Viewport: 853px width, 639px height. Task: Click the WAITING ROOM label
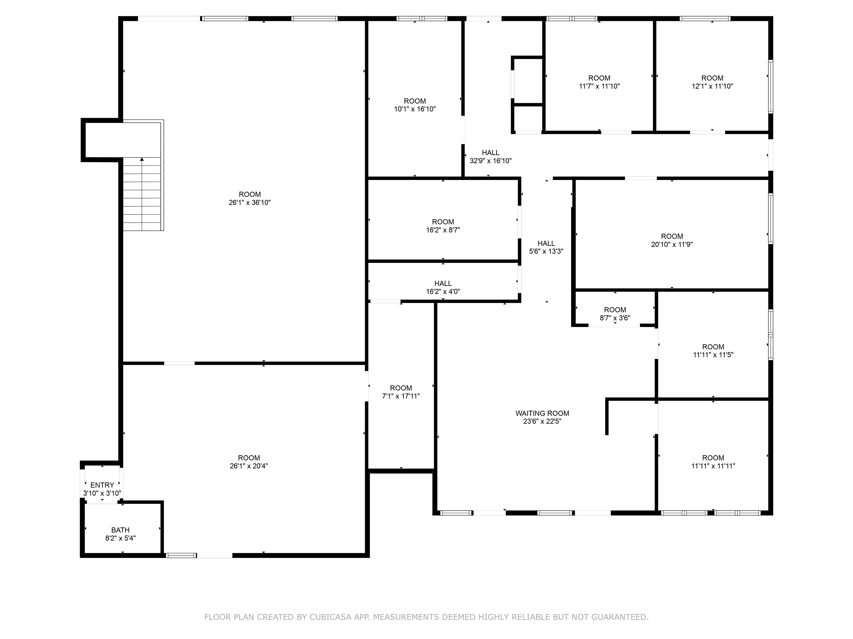[542, 413]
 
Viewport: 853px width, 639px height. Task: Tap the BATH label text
[120, 530]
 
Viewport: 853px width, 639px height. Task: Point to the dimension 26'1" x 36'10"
[250, 203]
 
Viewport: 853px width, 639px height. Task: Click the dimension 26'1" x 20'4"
[249, 466]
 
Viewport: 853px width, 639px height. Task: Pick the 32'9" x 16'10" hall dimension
[491, 161]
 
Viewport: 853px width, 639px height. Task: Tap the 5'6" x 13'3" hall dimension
[546, 252]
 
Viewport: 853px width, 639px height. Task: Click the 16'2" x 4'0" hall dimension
[443, 291]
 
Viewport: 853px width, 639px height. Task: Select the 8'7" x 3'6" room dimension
[615, 318]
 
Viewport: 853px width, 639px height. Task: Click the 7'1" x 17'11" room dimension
[401, 396]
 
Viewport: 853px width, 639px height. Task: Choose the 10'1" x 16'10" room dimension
[415, 109]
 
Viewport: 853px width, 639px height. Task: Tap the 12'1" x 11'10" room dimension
[712, 86]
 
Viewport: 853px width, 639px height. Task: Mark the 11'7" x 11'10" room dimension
[599, 86]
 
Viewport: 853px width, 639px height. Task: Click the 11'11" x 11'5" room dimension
[713, 355]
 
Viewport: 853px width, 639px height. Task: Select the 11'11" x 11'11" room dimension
[713, 466]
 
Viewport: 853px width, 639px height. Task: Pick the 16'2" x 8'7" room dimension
[443, 230]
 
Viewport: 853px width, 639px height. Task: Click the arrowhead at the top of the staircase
[142, 159]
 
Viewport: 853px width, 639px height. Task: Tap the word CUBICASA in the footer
[330, 617]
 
